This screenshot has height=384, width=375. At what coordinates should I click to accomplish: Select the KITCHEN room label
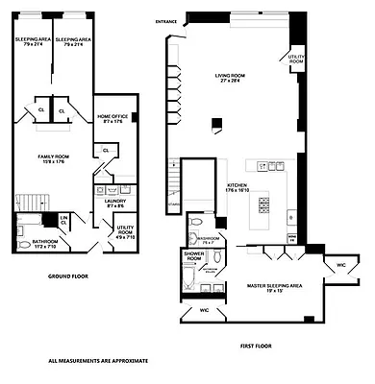tap(237, 187)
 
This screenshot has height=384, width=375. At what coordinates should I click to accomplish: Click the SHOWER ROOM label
tap(194, 256)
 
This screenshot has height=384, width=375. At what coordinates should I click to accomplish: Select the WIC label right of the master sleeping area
tap(340, 263)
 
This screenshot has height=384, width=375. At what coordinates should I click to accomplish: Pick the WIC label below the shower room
tap(203, 311)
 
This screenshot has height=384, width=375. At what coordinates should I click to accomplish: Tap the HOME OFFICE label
tap(112, 118)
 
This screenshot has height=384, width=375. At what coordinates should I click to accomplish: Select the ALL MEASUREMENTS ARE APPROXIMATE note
tap(98, 362)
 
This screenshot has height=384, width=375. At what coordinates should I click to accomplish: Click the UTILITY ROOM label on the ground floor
tap(112, 232)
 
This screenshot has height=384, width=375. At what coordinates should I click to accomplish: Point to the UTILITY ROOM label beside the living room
tap(297, 60)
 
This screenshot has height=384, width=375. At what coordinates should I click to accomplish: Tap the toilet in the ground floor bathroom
tap(22, 230)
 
